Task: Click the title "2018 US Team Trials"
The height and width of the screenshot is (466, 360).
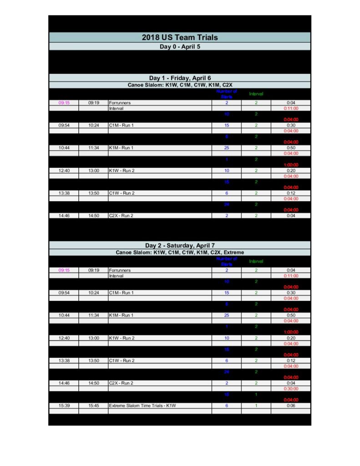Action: [x=180, y=37]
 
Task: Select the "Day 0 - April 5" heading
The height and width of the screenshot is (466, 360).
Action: [x=180, y=46]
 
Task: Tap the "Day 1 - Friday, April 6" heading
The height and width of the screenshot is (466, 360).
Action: [x=180, y=78]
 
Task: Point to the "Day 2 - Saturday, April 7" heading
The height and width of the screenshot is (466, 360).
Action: [x=180, y=245]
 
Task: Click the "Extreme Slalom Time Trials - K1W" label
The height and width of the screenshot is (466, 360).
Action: [x=142, y=405]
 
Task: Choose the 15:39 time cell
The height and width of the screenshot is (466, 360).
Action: [x=64, y=405]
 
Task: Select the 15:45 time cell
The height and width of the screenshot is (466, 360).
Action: [x=94, y=405]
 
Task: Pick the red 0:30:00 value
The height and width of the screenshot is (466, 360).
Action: [x=291, y=389]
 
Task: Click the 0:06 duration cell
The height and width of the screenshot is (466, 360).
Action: [x=291, y=405]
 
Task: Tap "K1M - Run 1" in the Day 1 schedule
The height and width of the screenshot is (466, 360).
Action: [x=121, y=148]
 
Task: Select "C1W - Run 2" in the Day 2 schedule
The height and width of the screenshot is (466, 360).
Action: [x=121, y=360]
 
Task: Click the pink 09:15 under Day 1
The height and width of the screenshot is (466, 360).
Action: [x=64, y=103]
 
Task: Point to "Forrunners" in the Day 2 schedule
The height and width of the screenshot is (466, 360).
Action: [x=120, y=270]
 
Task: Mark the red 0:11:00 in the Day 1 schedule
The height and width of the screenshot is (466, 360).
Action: [x=291, y=108]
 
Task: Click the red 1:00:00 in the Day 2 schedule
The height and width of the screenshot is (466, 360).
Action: [x=291, y=332]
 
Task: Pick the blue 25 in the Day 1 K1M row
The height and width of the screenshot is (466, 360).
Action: [x=227, y=148]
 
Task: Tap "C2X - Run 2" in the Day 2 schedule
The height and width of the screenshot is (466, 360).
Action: [x=121, y=383]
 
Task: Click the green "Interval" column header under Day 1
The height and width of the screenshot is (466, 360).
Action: [x=256, y=94]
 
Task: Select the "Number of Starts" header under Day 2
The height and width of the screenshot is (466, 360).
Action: [x=227, y=261]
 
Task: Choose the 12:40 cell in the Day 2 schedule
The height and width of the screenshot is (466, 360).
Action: [x=64, y=338]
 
